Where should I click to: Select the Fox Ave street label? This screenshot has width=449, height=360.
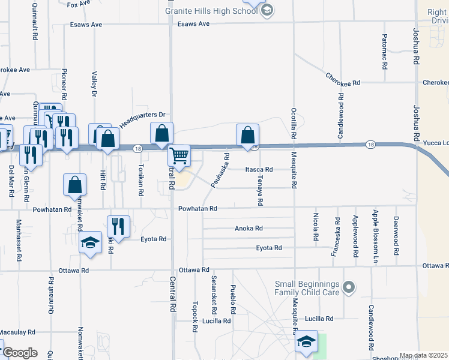point(78,4)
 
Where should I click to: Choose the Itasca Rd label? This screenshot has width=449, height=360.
point(259,170)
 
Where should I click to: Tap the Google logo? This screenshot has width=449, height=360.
point(20,353)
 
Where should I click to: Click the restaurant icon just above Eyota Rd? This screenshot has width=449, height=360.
point(118,226)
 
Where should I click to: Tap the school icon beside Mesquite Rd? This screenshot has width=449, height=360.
point(307,343)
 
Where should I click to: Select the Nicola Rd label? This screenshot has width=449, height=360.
point(315,227)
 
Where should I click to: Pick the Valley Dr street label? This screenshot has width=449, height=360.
point(94,84)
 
